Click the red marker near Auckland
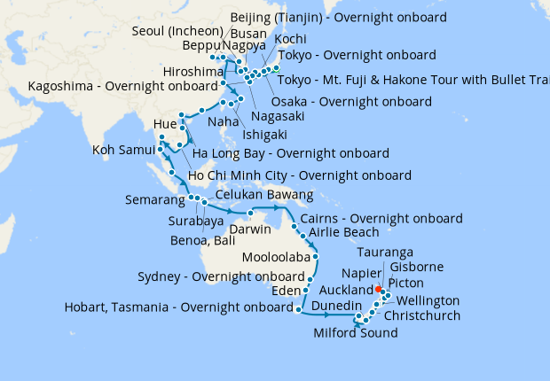tap(378, 289)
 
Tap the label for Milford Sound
tap(355, 333)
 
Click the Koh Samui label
tap(123, 151)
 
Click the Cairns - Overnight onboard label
tap(381, 218)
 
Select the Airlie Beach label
tap(343, 233)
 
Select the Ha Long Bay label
tap(290, 153)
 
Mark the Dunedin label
tap(336, 305)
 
